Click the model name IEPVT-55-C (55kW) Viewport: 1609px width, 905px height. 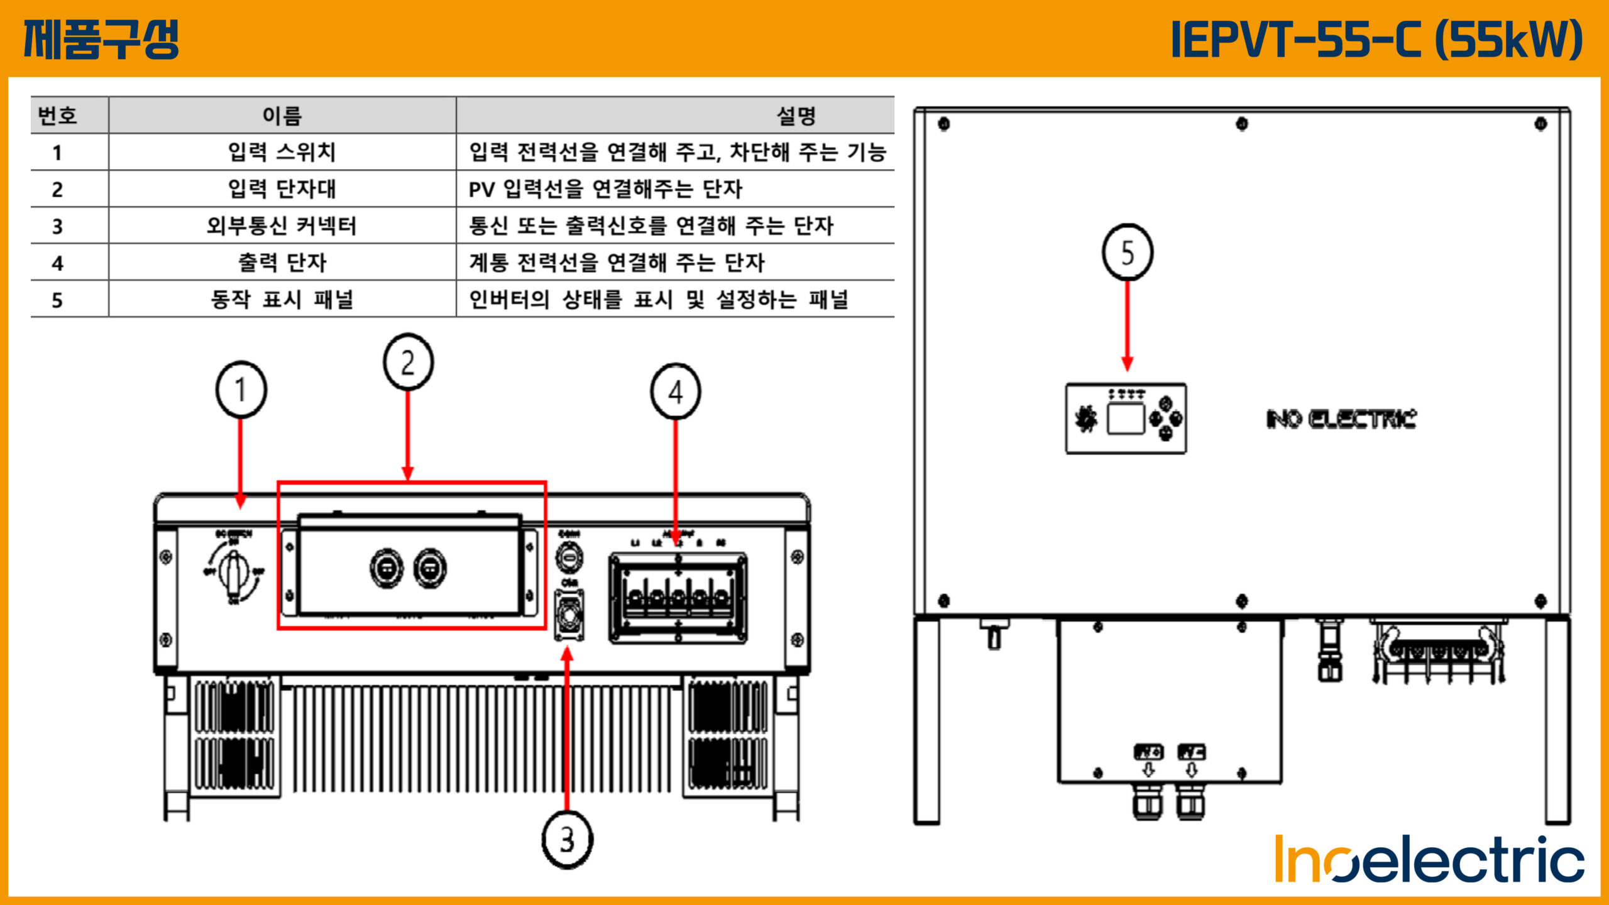tap(1376, 39)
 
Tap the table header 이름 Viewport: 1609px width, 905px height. tap(282, 116)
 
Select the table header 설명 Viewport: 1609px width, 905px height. tap(796, 116)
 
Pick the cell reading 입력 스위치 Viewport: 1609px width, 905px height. tap(282, 152)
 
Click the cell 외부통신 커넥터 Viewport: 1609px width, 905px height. tap(282, 226)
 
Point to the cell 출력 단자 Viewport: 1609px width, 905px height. tap(282, 262)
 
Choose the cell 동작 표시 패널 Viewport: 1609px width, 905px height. tap(282, 299)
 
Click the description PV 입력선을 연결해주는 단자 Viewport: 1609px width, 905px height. tap(605, 189)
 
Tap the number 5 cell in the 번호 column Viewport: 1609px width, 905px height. tap(57, 300)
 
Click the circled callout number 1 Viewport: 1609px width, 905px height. tap(241, 390)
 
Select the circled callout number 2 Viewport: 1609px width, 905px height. tap(408, 363)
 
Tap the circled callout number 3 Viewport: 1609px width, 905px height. tap(567, 840)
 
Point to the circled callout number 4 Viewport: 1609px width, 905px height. tap(676, 392)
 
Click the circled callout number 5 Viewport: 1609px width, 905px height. tap(1128, 252)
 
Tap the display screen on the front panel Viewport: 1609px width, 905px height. tap(1125, 419)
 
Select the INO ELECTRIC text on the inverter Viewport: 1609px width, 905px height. tap(1341, 419)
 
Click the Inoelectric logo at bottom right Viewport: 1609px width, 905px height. tap(1429, 859)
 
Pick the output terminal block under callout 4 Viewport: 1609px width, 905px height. tap(678, 598)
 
